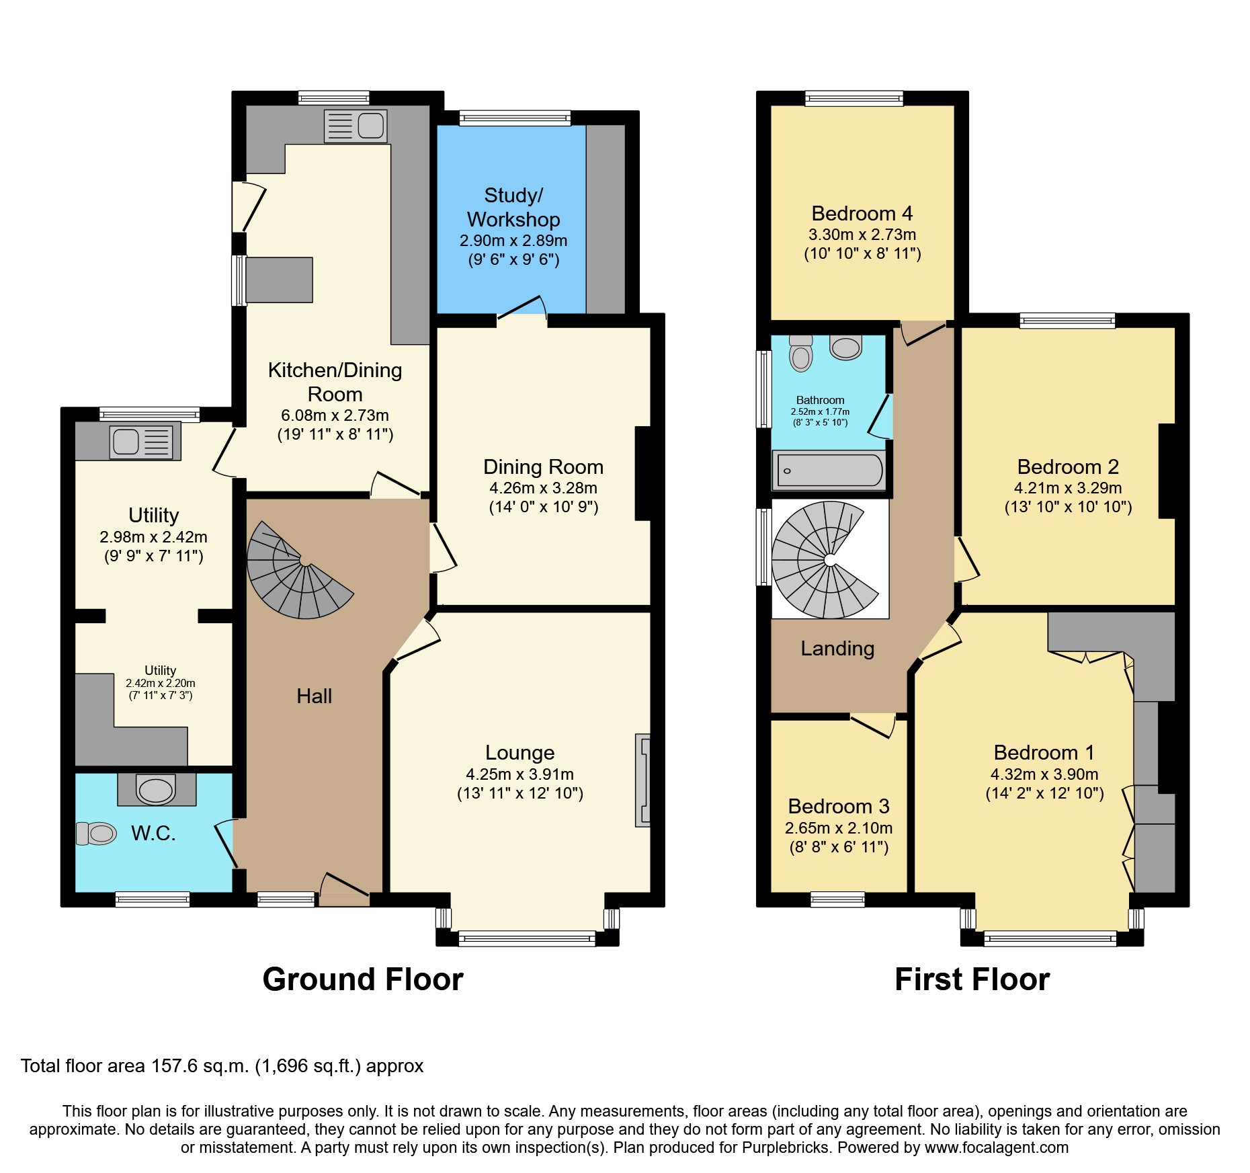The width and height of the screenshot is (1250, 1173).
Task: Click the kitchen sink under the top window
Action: coord(356,126)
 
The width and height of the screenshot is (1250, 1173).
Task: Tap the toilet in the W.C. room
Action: coord(97,834)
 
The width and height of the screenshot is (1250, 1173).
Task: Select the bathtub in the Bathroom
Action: coord(829,471)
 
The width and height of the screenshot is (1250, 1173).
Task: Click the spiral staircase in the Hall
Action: coord(296,571)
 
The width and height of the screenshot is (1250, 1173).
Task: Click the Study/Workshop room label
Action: coord(513,207)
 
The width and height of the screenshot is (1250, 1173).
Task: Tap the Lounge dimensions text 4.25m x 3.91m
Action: coord(519,774)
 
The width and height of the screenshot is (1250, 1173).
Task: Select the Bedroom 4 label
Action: coord(862,214)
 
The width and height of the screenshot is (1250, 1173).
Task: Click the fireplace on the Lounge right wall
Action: coord(643,780)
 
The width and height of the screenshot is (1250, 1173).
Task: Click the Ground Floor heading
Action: coord(363,979)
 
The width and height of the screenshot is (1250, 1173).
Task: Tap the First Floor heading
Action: coord(972,979)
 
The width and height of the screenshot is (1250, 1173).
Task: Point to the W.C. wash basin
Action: coord(156,790)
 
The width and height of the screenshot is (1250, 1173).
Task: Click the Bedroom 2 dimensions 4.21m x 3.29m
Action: coord(1067,488)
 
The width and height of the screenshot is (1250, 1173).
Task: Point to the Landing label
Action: coord(837,649)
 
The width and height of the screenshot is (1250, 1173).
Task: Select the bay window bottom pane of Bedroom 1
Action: coord(1050,938)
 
